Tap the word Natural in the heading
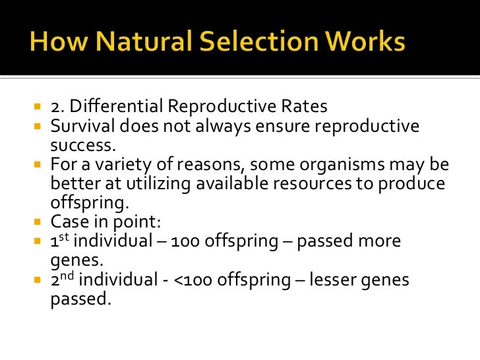click(x=135, y=44)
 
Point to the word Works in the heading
click(x=363, y=44)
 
